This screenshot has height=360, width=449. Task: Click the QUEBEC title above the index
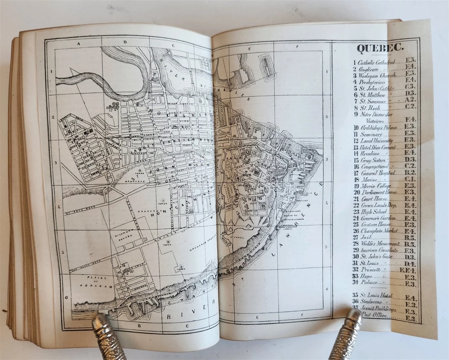(x=380, y=48)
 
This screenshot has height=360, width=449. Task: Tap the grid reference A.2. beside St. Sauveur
(x=410, y=100)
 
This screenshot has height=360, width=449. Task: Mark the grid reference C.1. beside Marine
(x=410, y=179)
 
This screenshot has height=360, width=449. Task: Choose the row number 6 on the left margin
(x=66, y=297)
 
